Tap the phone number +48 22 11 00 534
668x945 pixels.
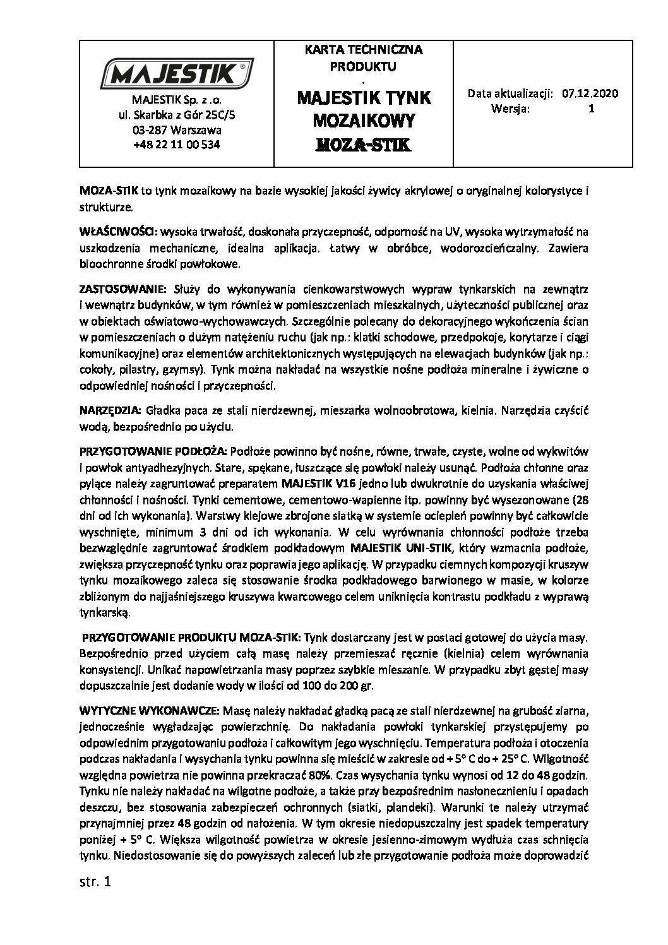point(177,144)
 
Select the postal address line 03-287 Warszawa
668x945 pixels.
point(177,130)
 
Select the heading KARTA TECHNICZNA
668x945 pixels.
point(363,49)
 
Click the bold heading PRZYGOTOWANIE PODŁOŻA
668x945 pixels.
point(156,452)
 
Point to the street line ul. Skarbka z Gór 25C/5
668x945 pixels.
point(177,116)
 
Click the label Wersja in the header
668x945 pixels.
point(511,108)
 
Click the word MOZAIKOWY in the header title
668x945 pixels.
point(363,120)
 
